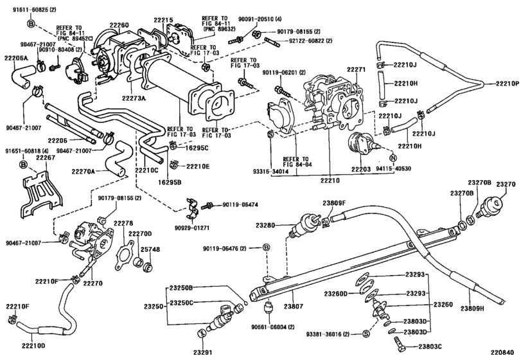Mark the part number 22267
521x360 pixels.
click(x=46, y=157)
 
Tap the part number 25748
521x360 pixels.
click(x=146, y=248)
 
